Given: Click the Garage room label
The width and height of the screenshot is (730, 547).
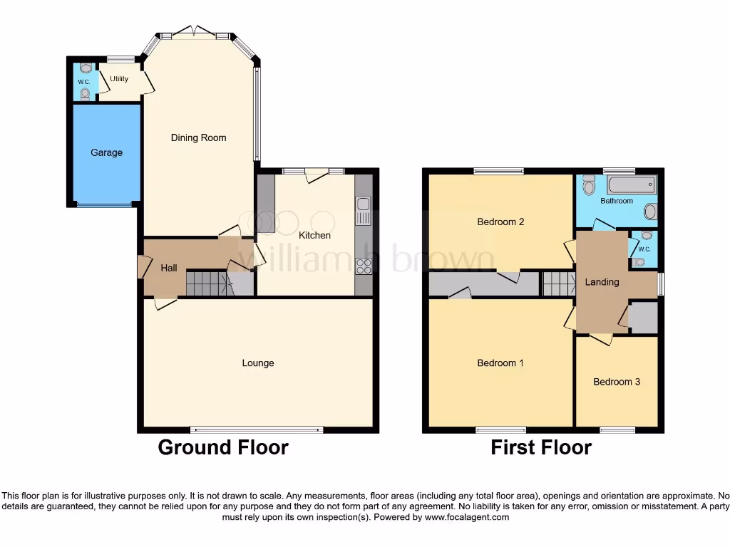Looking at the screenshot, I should click(x=106, y=152).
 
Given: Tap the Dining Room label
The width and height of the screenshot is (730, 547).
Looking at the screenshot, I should click(x=198, y=137).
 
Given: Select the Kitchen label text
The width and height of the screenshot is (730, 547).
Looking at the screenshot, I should click(x=314, y=235).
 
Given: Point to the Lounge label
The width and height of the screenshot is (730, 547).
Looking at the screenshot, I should click(x=258, y=363).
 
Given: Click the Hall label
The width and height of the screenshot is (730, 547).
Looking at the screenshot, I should click(x=169, y=268).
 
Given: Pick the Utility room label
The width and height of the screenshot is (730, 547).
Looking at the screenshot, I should click(x=119, y=79).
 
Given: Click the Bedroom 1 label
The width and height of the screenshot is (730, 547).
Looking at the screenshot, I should click(x=500, y=363).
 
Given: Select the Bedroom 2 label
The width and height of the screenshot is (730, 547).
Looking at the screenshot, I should click(x=500, y=222).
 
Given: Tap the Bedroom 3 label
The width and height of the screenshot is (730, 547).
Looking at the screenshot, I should click(x=617, y=382).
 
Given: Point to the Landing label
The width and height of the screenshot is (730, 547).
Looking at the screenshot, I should click(x=602, y=282).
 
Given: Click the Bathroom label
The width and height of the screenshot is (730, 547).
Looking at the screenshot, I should click(x=617, y=201).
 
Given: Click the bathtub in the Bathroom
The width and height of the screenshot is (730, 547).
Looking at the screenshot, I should click(x=631, y=185).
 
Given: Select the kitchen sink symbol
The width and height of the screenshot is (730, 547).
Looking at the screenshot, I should click(x=363, y=211).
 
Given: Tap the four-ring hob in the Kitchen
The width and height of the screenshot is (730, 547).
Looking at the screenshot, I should click(x=363, y=266).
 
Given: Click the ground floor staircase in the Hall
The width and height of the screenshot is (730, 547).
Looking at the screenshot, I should click(x=208, y=283).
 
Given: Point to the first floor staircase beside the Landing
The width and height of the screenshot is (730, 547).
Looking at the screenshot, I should click(x=559, y=283).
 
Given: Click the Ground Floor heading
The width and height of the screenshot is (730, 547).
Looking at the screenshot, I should click(x=223, y=447).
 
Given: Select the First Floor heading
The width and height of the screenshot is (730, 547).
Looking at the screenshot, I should click(x=541, y=447).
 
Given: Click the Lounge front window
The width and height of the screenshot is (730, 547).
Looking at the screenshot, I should click(x=257, y=429).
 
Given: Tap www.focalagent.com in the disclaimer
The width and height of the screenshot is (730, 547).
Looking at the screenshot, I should click(x=466, y=517).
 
